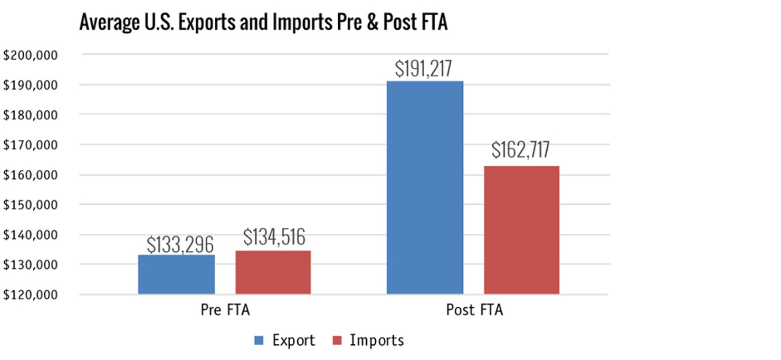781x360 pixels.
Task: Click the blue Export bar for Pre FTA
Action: (176, 274)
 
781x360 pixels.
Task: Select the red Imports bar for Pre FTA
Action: (273, 272)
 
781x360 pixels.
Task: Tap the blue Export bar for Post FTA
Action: (425, 187)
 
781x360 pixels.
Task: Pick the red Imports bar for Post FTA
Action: (521, 230)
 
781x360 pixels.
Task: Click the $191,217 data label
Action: (424, 69)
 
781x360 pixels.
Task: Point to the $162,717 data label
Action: (520, 150)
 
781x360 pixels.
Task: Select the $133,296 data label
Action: (180, 244)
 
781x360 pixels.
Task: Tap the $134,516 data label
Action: (274, 237)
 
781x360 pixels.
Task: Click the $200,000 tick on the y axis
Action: (30, 55)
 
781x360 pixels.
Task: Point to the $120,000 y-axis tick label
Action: (30, 295)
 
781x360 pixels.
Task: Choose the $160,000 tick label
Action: (30, 175)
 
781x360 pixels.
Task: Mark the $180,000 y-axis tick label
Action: (30, 115)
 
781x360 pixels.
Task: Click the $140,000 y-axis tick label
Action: (30, 235)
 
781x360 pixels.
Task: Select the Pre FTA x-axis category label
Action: (225, 310)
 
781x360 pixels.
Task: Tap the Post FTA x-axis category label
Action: (474, 310)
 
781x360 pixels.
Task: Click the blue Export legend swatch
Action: (259, 340)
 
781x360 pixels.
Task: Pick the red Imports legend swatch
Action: (336, 340)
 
